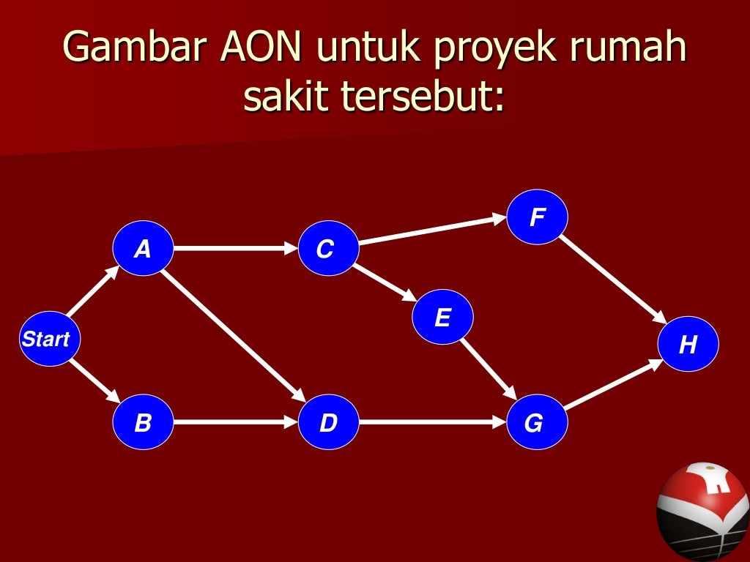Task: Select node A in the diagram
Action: tap(143, 249)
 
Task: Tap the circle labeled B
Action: tap(143, 422)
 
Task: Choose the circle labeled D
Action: tap(329, 422)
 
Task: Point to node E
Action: tap(442, 318)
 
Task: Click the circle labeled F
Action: tap(538, 217)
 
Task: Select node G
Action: tap(536, 422)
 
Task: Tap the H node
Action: tap(688, 344)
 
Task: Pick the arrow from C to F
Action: tap(432, 230)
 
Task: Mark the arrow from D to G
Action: tap(432, 422)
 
